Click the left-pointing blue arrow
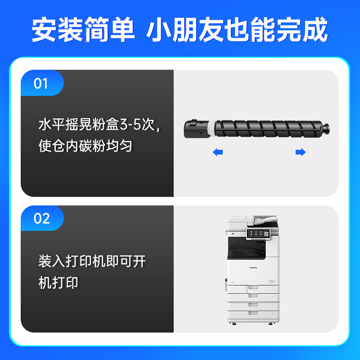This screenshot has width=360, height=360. coord(218,152)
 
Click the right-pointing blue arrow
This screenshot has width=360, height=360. coord(301,152)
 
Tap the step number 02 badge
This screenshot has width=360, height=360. coord(42,218)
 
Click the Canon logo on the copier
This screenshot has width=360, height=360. coord(253,267)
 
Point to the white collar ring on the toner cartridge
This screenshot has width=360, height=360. coord(212,129)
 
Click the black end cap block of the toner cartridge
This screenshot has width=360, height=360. coord(196,129)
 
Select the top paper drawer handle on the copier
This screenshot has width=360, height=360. coord(253,287)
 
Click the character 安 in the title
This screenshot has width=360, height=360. coord(44,29)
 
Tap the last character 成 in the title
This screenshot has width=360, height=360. coord(315,29)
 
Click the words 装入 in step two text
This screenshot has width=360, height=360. coord(52,261)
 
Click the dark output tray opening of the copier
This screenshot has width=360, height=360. coord(246,248)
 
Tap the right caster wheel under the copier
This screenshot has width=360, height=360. coord(270,324)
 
